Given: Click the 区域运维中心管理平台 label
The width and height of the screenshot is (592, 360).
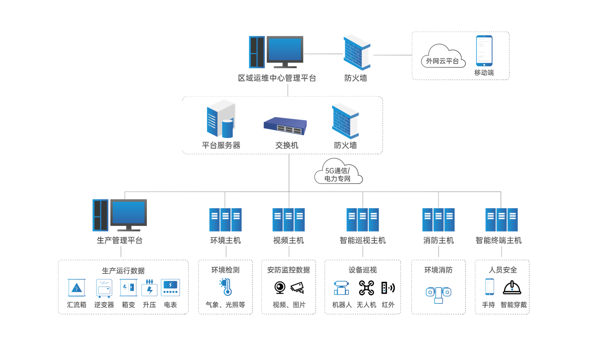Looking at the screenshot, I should pyautogui.click(x=277, y=78).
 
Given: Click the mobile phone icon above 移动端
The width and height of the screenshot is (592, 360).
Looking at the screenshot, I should pyautogui.click(x=484, y=51).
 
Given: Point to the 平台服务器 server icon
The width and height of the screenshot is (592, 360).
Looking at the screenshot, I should pyautogui.click(x=220, y=118).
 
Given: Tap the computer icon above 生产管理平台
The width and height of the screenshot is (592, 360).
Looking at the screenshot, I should pyautogui.click(x=120, y=215).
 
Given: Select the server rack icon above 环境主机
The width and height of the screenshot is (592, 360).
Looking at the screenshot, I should pyautogui.click(x=225, y=220).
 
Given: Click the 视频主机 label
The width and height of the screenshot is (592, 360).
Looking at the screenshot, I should pyautogui.click(x=289, y=240).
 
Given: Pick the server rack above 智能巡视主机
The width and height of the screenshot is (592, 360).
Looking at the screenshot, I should pyautogui.click(x=363, y=220).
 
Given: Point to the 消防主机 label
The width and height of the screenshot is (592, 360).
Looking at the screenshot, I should pyautogui.click(x=438, y=240).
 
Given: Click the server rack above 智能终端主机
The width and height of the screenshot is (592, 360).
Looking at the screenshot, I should pyautogui.click(x=501, y=220).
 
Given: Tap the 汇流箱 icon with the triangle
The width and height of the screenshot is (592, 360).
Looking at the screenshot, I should pyautogui.click(x=76, y=288).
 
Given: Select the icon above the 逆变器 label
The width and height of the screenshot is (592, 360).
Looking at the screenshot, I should pyautogui.click(x=104, y=288).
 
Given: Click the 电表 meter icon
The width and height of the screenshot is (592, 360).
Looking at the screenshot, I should pyautogui.click(x=170, y=287).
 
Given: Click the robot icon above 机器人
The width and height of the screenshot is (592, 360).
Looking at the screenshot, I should pyautogui.click(x=341, y=288).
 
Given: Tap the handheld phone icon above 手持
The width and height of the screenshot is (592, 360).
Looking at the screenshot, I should pyautogui.click(x=490, y=287).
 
